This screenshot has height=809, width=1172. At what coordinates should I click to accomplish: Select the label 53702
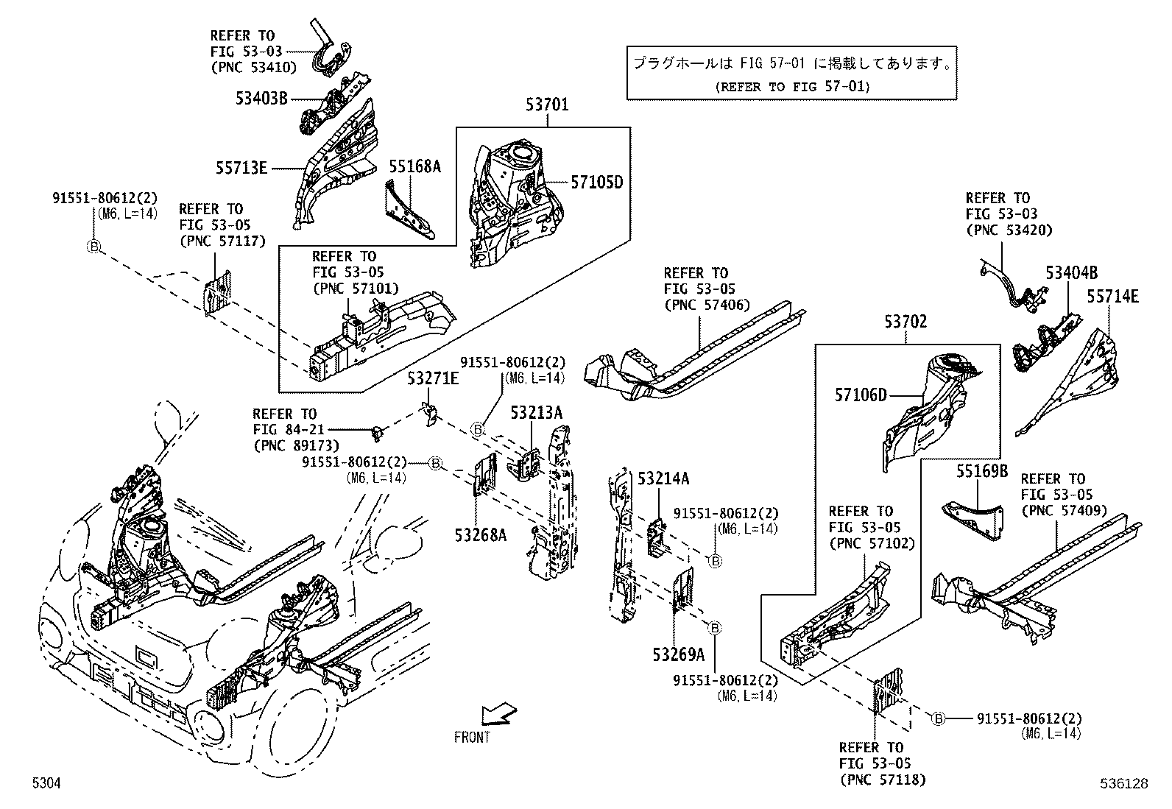(x=906, y=322)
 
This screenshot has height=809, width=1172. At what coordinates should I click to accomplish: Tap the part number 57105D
(x=597, y=182)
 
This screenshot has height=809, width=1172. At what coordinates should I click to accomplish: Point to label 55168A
(x=414, y=166)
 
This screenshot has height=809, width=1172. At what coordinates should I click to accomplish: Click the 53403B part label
(x=261, y=97)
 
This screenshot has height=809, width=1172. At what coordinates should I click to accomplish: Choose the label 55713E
(x=241, y=168)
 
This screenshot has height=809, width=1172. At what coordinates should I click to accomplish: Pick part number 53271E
(x=433, y=378)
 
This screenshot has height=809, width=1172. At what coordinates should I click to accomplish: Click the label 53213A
(x=536, y=412)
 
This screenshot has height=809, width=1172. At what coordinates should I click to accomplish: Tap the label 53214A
(x=663, y=478)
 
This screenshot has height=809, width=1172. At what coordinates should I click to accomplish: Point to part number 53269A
(x=677, y=654)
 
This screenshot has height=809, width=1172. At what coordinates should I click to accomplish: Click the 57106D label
(x=861, y=395)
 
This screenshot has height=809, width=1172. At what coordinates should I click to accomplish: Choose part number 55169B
(x=982, y=470)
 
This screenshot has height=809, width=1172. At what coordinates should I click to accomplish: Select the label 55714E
(x=1112, y=296)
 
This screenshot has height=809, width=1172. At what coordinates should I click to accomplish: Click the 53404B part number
(x=1071, y=273)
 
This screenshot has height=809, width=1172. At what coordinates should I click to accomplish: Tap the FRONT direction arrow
(x=498, y=715)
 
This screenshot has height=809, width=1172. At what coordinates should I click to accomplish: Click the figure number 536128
(x=1123, y=784)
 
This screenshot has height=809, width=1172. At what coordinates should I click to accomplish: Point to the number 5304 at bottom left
(x=46, y=784)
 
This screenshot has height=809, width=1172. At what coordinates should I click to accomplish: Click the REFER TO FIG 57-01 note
(x=792, y=86)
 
